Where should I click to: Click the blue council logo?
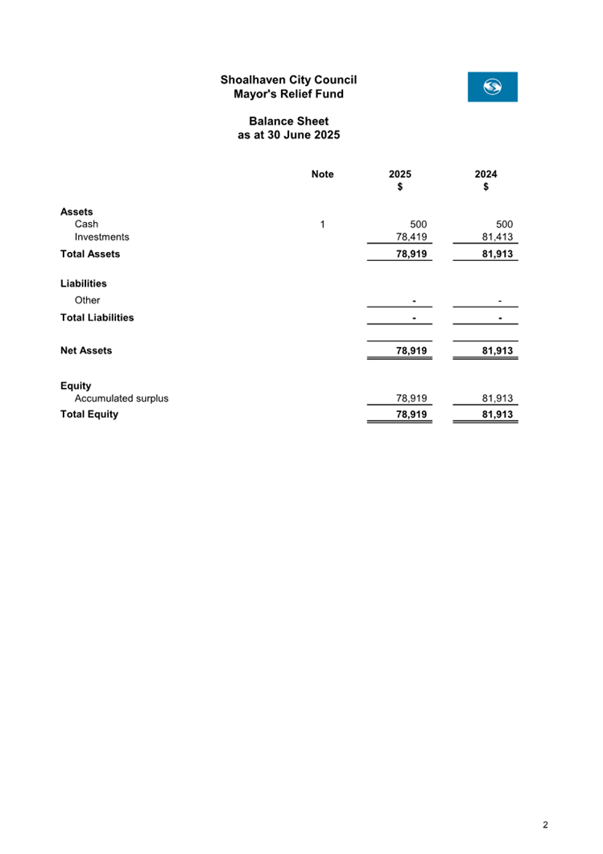pos(492,87)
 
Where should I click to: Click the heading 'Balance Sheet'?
pos(288,122)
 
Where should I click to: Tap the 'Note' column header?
pos(322,175)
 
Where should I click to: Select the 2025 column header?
pos(400,175)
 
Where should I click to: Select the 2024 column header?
pos(485,175)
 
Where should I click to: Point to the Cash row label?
pos(86,225)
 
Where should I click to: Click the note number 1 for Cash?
pos(322,225)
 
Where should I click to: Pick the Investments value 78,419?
pos(411,237)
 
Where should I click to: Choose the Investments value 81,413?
pos(498,237)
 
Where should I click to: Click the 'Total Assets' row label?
pos(90,254)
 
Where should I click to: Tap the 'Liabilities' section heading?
pos(84,284)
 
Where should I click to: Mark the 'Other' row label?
pos(87,301)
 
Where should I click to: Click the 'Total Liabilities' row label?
pos(97,318)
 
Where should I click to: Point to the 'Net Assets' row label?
pos(86,351)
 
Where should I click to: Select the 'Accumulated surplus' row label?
pos(122,398)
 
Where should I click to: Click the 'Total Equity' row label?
pos(89,415)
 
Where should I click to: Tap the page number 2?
pos(545,825)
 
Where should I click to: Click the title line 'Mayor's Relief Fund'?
pos(288,94)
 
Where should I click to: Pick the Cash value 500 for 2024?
pos(505,225)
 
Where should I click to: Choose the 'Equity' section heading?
pos(76,386)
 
